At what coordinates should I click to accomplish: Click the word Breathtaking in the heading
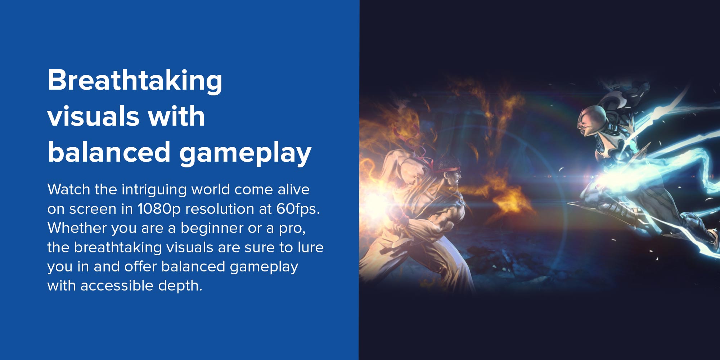pyautogui.click(x=135, y=81)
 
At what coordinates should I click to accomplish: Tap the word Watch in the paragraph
pyautogui.click(x=69, y=189)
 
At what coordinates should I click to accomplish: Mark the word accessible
pyautogui.click(x=117, y=285)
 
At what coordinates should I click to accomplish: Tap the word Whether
pyautogui.click(x=77, y=228)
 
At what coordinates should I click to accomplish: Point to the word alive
pyautogui.click(x=293, y=189)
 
